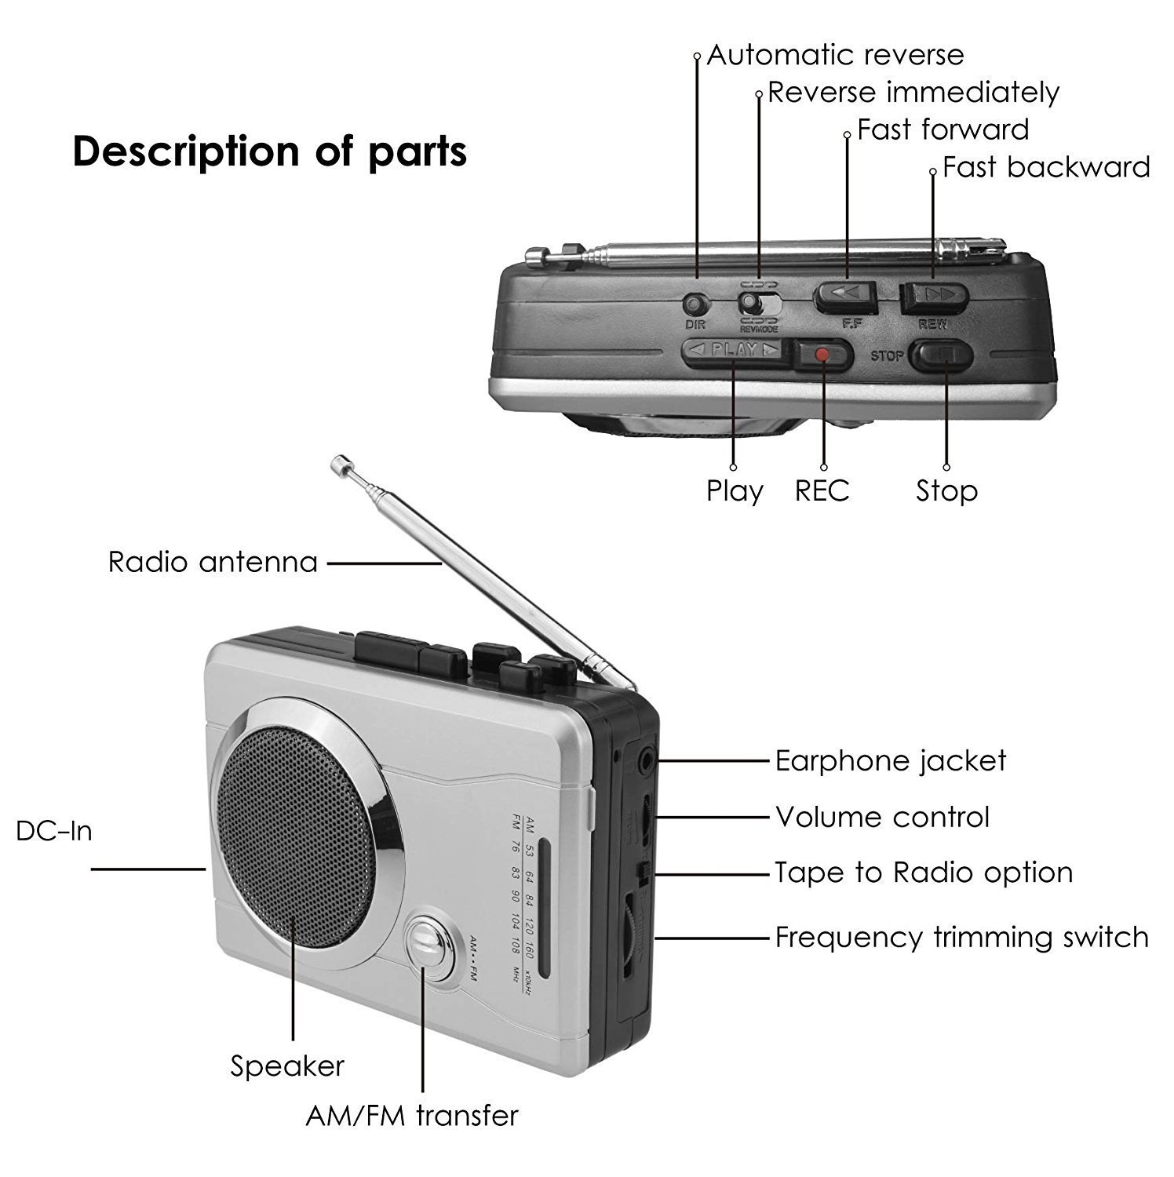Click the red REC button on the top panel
pyautogui.click(x=822, y=355)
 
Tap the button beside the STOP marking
pyautogui.click(x=940, y=355)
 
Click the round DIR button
pyautogui.click(x=695, y=304)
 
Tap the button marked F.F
pyautogui.click(x=847, y=295)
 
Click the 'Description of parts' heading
pyautogui.click(x=269, y=151)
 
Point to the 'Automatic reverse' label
pyautogui.click(x=835, y=55)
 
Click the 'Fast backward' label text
pyautogui.click(x=1045, y=167)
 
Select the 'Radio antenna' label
pyautogui.click(x=213, y=562)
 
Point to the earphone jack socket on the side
pyautogui.click(x=646, y=760)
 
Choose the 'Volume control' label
pyautogui.click(x=882, y=817)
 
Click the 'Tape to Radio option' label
pyautogui.click(x=923, y=873)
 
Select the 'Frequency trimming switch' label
pyautogui.click(x=961, y=937)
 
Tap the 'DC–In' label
pyautogui.click(x=54, y=831)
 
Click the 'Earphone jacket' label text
pyautogui.click(x=890, y=760)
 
